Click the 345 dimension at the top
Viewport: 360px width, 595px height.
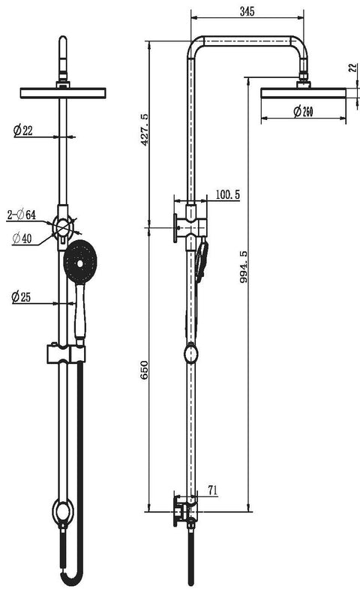[x=247, y=11]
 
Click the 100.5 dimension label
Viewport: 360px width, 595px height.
[x=226, y=194]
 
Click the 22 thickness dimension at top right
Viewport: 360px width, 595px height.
[x=352, y=68]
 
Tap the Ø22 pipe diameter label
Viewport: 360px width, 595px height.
[x=23, y=131]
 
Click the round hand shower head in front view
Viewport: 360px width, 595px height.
[x=80, y=261]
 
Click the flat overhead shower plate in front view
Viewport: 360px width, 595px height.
[x=63, y=93]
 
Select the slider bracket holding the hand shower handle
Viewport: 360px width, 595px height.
[x=66, y=352]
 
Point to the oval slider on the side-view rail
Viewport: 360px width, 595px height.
[x=192, y=353]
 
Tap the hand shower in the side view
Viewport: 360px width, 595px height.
[x=201, y=259]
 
